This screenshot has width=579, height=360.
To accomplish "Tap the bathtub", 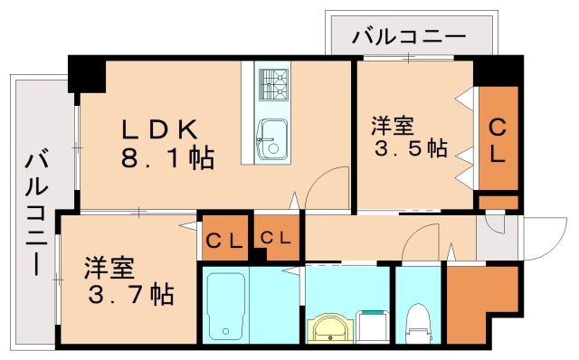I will (223, 305).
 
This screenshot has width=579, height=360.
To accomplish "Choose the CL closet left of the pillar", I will (223, 240).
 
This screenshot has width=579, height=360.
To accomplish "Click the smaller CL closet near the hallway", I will (276, 238).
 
